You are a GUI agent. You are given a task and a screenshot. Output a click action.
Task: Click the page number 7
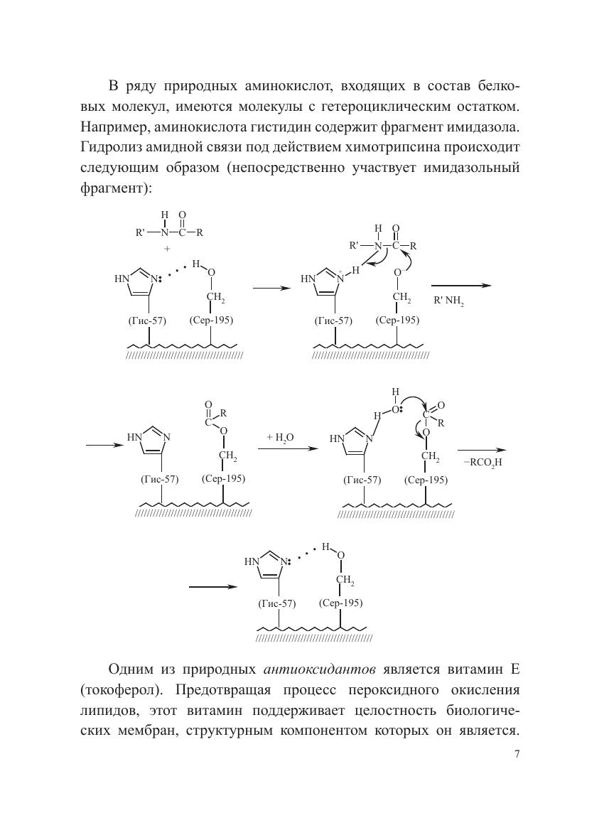click(x=517, y=755)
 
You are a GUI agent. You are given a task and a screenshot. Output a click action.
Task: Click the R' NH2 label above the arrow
click(x=449, y=301)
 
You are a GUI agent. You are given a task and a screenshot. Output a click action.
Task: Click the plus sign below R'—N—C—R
click(x=168, y=249)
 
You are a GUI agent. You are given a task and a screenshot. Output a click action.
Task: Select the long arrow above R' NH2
click(x=462, y=286)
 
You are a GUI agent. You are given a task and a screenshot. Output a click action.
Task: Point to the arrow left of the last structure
click(x=212, y=587)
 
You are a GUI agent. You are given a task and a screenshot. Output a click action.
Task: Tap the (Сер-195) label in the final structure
click(x=341, y=603)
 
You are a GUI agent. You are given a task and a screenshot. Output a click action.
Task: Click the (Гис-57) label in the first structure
click(x=147, y=320)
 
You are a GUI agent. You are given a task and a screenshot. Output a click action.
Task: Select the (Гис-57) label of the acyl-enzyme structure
click(x=160, y=478)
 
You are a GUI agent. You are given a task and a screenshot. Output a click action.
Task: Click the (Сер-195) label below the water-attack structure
click(x=426, y=480)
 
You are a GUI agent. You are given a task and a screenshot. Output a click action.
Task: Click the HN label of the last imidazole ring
click(x=252, y=561)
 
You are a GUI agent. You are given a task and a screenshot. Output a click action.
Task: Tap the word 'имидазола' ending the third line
click(x=484, y=127)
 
